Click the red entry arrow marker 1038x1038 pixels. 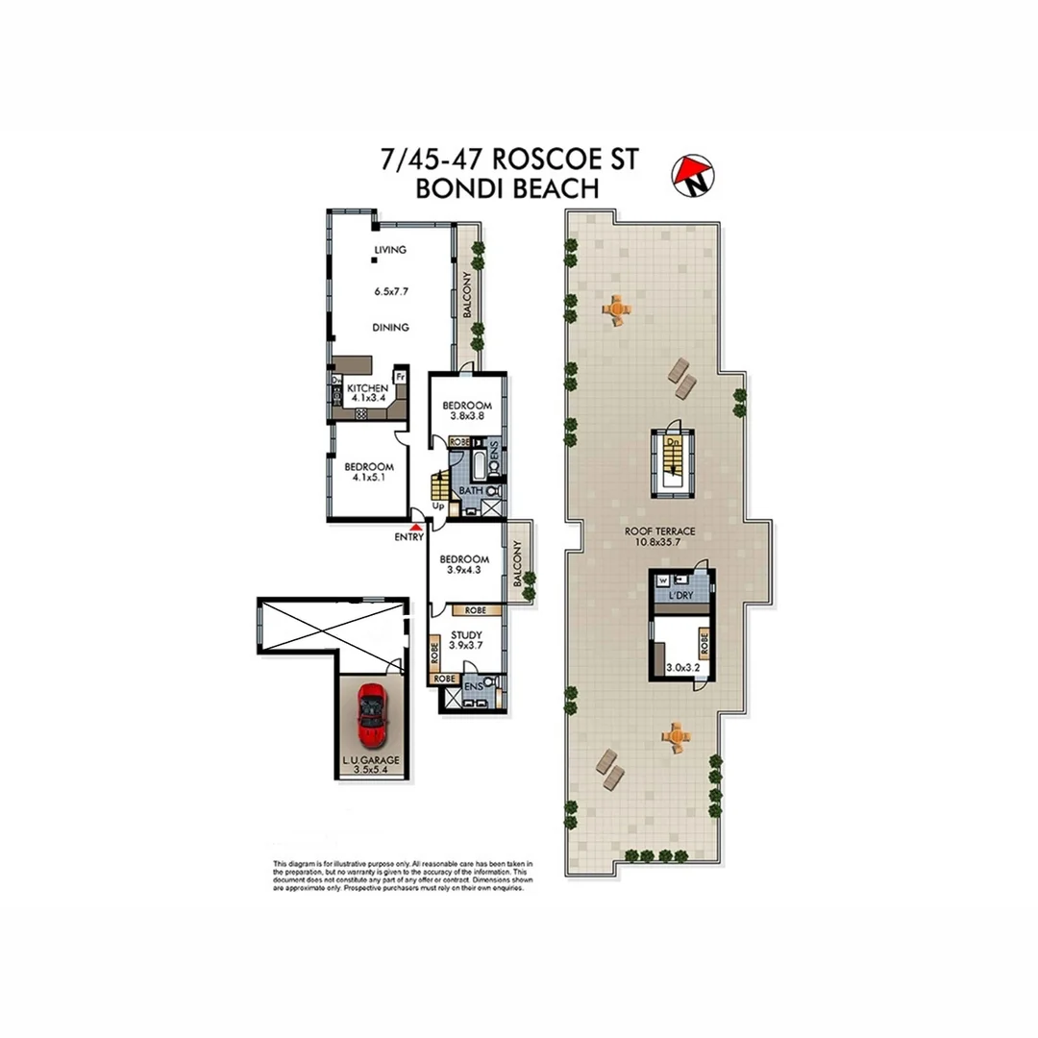415,526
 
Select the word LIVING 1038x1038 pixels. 390,250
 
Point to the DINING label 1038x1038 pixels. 390,328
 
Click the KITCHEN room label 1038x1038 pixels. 367,388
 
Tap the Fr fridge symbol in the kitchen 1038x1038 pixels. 400,377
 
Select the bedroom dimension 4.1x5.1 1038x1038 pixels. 369,480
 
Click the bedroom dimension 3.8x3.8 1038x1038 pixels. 467,418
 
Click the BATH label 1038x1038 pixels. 470,491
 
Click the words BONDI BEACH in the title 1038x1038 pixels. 507,188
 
